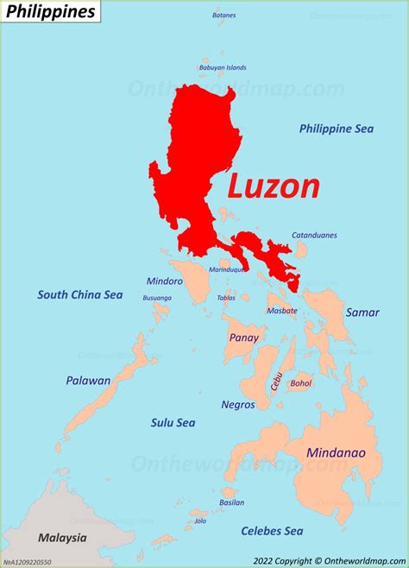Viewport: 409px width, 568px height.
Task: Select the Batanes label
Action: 223,16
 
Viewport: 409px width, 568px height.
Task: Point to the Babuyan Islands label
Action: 223,67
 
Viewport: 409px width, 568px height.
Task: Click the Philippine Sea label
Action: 337,129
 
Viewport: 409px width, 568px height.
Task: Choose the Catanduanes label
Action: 314,235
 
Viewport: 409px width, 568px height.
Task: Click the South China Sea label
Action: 79,295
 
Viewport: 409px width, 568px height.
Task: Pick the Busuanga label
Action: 157,298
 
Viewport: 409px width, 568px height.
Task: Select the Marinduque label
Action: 228,269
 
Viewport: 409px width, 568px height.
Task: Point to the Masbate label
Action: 282,311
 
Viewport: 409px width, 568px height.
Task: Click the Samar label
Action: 362,312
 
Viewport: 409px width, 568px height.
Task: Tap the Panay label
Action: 244,338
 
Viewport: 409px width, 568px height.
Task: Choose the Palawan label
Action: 88,381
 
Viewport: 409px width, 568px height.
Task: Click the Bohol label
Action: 301,382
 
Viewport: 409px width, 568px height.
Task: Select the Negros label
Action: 238,404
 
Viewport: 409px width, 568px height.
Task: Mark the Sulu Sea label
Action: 173,423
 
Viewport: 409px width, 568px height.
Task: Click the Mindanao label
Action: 336,453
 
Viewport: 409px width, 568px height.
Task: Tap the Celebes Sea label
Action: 272,531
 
